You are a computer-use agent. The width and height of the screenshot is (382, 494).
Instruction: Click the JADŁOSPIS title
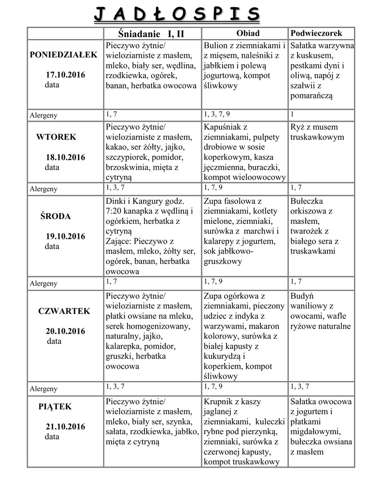176,14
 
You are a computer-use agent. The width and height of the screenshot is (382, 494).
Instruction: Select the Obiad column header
248,33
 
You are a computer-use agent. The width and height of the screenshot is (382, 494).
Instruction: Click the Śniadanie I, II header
151,34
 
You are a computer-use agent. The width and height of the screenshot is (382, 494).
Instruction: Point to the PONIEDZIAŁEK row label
64,55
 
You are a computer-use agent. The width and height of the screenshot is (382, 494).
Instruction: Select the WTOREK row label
56,137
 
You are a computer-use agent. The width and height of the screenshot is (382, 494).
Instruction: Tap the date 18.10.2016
65,157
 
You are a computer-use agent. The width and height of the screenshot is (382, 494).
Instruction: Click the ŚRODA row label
55,216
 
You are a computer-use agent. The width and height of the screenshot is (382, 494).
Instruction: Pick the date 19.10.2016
65,236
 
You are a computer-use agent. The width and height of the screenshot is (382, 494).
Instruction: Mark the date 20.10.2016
65,331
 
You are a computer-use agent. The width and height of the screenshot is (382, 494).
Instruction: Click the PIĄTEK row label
55,407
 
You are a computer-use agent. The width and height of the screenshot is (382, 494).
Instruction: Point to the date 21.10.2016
65,426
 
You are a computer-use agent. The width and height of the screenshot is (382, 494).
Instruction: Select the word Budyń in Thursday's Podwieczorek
302,296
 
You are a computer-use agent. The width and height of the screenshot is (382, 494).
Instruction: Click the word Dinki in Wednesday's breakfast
116,201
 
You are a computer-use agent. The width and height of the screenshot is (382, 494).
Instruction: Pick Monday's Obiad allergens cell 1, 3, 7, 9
217,114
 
